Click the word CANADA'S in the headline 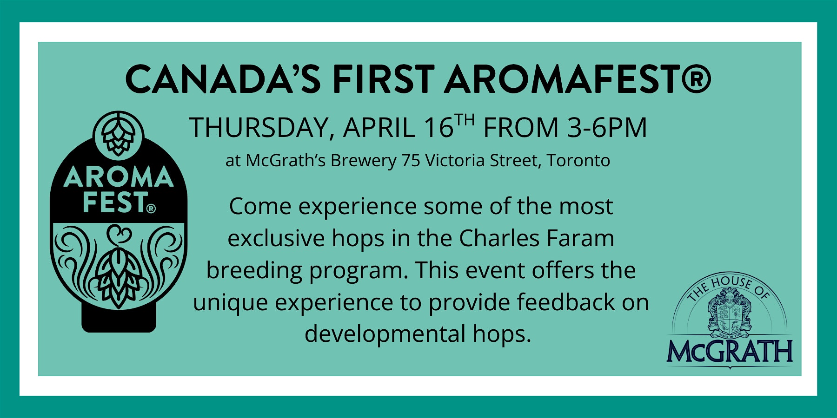[223, 79]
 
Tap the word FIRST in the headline [383, 79]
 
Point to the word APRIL [379, 128]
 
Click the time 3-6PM [607, 128]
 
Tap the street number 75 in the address [411, 161]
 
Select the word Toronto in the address [578, 161]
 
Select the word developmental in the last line [385, 334]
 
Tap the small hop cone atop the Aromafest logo [118, 133]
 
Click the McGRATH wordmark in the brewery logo [730, 352]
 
